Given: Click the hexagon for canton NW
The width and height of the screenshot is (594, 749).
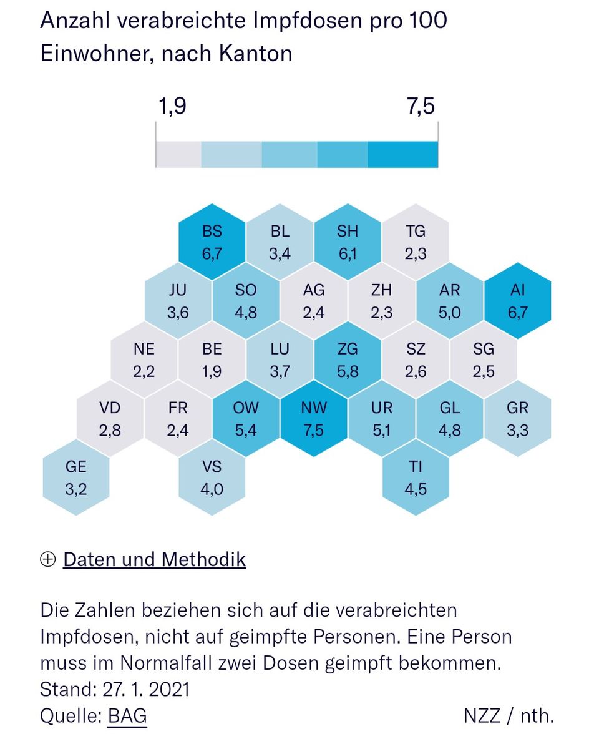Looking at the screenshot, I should pos(313,419).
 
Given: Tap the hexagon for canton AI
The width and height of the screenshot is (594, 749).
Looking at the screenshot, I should pos(517,301).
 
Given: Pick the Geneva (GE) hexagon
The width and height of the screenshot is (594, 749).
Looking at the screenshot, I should pos(76,477).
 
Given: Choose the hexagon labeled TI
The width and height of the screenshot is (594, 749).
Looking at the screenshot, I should pos(416,477).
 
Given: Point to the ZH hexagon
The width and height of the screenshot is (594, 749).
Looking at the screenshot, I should pos(381,301).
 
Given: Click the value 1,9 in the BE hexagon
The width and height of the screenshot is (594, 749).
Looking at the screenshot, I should pos(212,372).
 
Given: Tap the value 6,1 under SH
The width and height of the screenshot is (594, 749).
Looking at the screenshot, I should pos(348,255).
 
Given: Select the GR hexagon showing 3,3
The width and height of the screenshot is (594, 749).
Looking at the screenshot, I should pos(517,419).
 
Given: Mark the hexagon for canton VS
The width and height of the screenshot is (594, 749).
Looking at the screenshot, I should pos(212,477).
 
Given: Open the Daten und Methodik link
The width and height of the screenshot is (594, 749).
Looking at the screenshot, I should pos(154,559).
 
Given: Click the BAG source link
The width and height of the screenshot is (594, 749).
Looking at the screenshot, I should pos(127,716).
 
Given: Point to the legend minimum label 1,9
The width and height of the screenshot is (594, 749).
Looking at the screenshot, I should pos(172,107).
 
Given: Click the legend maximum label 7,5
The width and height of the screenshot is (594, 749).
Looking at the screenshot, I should pos(421,107).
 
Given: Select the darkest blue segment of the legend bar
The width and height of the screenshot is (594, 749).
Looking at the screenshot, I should pos(402,154).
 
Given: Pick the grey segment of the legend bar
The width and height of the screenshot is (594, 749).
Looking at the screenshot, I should pos(178,154).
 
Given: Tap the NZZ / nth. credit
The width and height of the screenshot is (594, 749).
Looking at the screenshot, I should pos(508,716).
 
